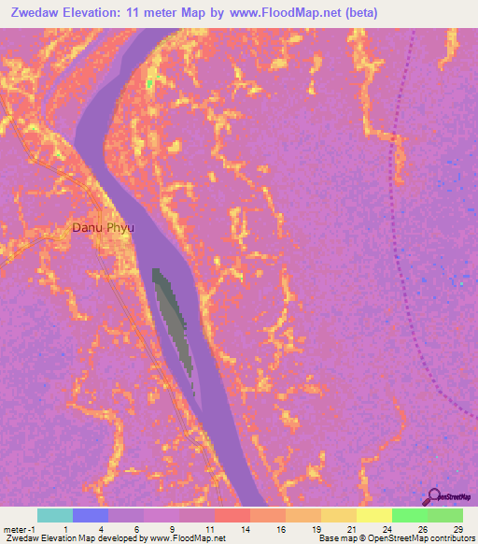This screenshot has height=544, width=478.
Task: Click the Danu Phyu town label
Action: [99, 227]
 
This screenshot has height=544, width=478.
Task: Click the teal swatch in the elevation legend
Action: [55, 515]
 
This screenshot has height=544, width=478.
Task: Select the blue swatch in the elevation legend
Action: [91, 515]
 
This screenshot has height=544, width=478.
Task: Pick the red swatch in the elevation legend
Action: [232, 515]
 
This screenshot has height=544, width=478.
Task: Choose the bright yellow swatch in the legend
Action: [373, 515]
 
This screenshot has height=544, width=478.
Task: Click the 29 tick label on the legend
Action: [457, 528]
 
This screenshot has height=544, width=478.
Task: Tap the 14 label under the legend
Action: [244, 528]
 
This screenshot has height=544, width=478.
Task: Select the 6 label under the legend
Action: [137, 528]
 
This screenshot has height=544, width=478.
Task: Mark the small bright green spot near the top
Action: [149, 83]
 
